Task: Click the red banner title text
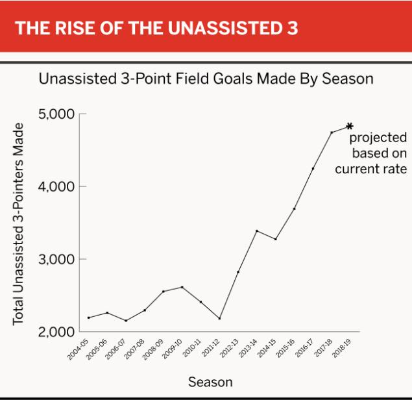coord(156,29)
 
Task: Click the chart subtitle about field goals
coord(206,79)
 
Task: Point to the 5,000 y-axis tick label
coord(57,114)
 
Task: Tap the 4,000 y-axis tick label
coord(57,187)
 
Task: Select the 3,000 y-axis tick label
coord(57,260)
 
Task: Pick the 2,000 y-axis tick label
coord(57,332)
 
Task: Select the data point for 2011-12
coord(220,318)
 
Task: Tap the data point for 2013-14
coord(257,231)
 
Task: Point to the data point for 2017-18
coord(332,132)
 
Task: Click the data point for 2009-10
coord(182,287)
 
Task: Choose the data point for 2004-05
coord(89,318)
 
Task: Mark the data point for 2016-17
coord(313,168)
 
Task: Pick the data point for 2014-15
coord(276,239)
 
